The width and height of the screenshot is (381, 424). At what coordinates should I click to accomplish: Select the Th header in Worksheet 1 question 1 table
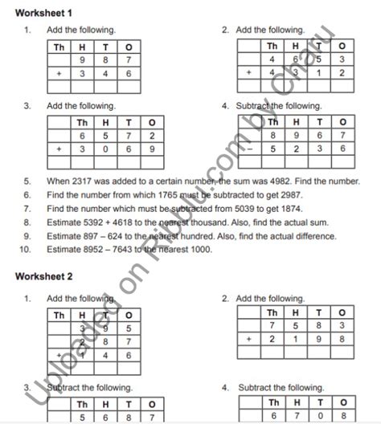pyautogui.click(x=59, y=47)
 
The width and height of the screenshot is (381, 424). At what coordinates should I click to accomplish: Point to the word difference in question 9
pyautogui.click(x=312, y=236)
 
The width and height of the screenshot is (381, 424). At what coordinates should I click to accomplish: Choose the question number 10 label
pyautogui.click(x=28, y=250)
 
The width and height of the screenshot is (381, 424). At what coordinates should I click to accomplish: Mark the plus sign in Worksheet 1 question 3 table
pyautogui.click(x=59, y=150)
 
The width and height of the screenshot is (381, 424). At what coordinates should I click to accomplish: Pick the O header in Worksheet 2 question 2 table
pyautogui.click(x=342, y=313)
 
